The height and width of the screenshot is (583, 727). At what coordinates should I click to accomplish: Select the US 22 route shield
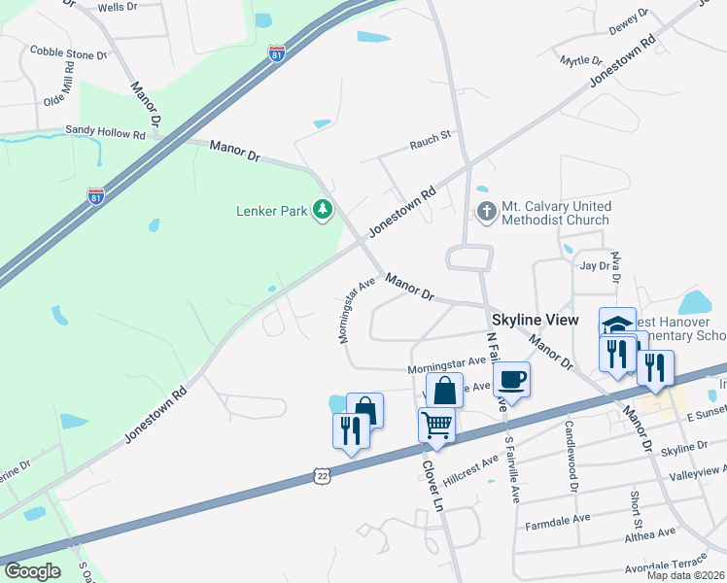[323, 474]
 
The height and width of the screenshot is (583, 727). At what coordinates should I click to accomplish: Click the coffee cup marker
[512, 377]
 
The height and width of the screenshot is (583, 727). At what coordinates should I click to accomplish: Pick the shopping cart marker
[436, 424]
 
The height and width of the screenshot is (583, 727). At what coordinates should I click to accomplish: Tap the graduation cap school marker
[616, 323]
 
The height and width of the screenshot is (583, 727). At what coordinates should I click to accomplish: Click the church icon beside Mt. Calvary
[486, 211]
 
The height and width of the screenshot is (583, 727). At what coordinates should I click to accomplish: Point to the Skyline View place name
[535, 320]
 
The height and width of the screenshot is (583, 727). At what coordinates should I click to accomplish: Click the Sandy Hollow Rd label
[105, 130]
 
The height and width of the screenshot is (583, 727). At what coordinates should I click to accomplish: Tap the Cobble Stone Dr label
[68, 51]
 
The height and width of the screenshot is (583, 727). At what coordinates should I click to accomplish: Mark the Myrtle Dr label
[581, 60]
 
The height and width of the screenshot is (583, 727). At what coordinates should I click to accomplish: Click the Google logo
[33, 571]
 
